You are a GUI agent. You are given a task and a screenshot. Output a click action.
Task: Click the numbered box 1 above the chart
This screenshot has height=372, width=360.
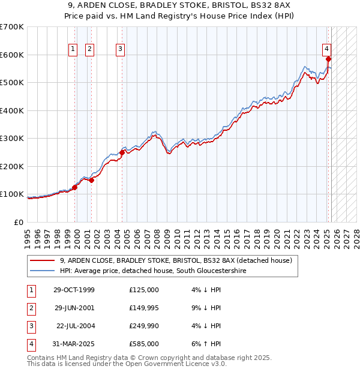[x=73, y=49]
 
